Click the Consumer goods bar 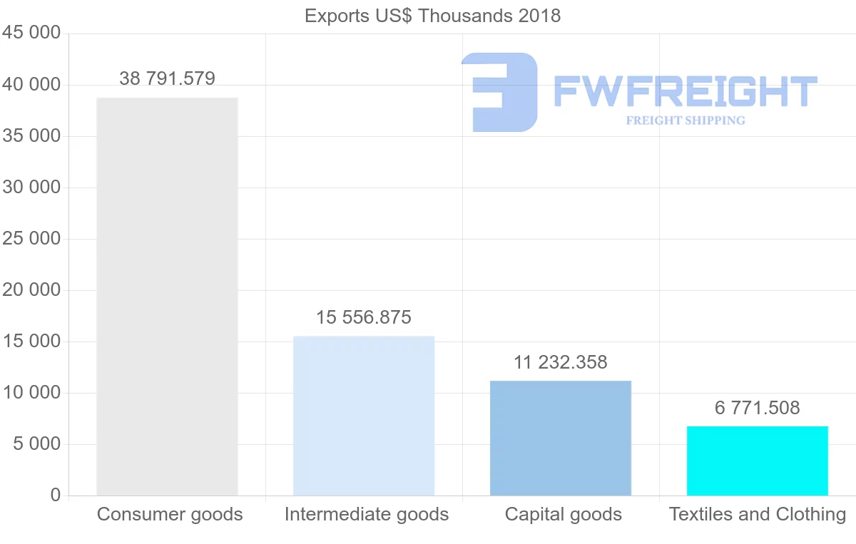(x=167, y=297)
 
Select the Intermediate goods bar (x=364, y=416)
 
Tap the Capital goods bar (x=561, y=438)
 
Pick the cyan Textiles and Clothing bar (x=758, y=461)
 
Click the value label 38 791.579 (x=167, y=78)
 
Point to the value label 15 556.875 (x=364, y=317)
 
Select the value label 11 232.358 (x=561, y=362)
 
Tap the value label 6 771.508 (x=758, y=408)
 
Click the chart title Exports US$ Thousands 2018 (x=432, y=16)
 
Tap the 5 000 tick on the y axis (x=36, y=444)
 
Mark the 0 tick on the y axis (x=56, y=496)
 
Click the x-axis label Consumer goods (x=170, y=514)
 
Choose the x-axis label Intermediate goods (x=367, y=514)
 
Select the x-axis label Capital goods (x=564, y=514)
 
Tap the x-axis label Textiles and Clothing (x=758, y=514)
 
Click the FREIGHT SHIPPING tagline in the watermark (x=686, y=120)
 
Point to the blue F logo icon (x=499, y=92)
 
